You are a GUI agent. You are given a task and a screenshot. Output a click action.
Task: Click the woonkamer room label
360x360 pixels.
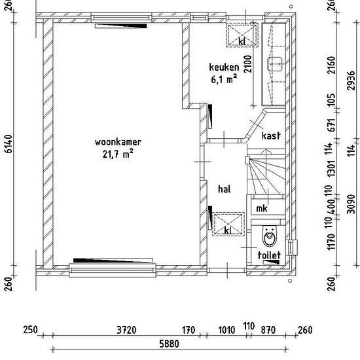coord(118,142)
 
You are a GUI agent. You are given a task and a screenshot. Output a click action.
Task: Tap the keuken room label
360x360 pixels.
coord(224,67)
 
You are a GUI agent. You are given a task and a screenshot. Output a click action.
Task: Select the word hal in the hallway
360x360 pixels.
coord(225,189)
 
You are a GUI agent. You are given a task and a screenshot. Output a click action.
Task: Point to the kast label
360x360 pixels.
coord(271,135)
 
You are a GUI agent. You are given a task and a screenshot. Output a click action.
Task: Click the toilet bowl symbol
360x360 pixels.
coord(270,236)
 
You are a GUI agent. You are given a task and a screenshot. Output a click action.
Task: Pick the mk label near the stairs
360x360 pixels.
coord(262,208)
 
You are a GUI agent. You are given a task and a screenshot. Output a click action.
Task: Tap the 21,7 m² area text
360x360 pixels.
coord(118,154)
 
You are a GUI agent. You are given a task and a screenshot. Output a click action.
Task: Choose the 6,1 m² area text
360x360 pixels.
coord(224,79)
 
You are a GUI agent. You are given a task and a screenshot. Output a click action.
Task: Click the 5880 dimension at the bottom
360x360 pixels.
coord(169,344)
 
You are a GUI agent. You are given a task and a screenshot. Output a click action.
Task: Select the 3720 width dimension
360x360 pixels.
coord(126,330)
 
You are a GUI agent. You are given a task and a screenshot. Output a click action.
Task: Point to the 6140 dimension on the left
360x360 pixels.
coord(9,144)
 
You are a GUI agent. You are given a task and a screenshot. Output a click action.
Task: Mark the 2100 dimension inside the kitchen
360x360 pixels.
coord(248,64)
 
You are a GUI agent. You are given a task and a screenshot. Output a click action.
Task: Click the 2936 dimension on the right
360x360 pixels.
coord(351,81)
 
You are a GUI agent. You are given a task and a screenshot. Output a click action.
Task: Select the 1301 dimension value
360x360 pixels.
coord(332,168)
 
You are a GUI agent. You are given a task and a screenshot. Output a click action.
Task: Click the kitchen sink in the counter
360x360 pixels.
coord(275,64)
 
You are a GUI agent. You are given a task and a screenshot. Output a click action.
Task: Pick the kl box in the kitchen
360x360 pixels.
coord(242,35)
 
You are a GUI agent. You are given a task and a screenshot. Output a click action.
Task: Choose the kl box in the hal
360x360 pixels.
coord(228,224)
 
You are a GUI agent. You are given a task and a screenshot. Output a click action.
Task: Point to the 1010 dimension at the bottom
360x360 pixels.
coord(226,330)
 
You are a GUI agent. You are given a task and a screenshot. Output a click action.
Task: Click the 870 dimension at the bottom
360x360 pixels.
coord(268,330)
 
